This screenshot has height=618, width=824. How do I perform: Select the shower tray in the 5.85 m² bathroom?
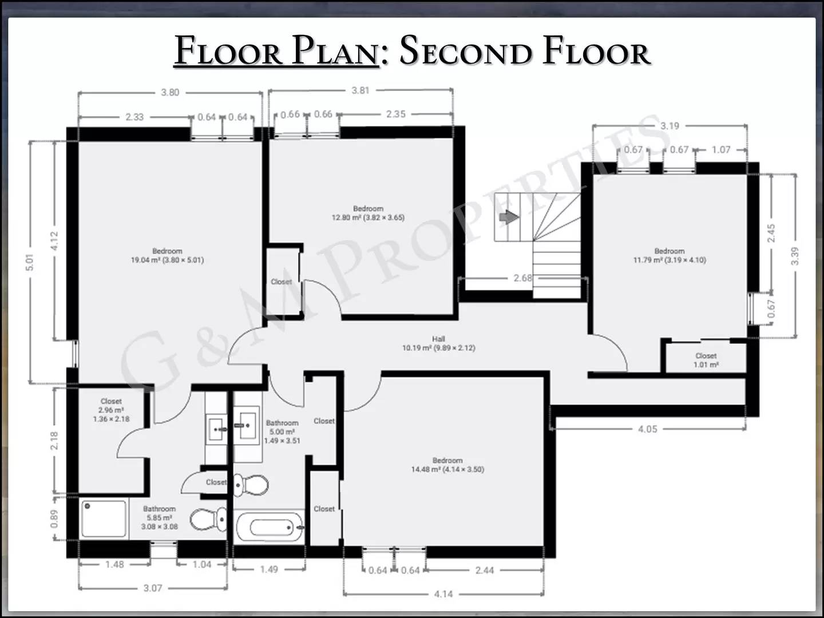click(x=104, y=519)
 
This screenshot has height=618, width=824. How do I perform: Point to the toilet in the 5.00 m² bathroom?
click(x=252, y=485)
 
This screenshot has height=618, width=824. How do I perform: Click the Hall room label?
click(x=438, y=343)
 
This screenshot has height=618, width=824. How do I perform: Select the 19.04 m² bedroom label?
click(x=167, y=255)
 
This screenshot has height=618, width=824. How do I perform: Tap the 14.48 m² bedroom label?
click(x=447, y=465)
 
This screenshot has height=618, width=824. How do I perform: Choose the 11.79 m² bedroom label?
click(x=669, y=255)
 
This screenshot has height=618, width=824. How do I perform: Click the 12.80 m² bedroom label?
click(x=368, y=213)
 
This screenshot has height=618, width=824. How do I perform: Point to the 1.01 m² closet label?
click(x=706, y=360)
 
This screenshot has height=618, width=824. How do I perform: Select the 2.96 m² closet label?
click(x=111, y=410)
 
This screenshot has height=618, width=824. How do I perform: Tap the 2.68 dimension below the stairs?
click(x=522, y=278)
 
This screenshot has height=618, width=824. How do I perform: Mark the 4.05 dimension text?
click(x=647, y=429)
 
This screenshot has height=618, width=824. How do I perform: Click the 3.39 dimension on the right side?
click(x=794, y=256)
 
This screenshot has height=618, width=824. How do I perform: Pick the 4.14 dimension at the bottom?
click(x=443, y=594)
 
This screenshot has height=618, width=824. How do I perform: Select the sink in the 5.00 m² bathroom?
click(x=248, y=425)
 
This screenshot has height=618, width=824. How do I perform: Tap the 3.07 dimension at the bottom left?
click(x=153, y=588)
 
